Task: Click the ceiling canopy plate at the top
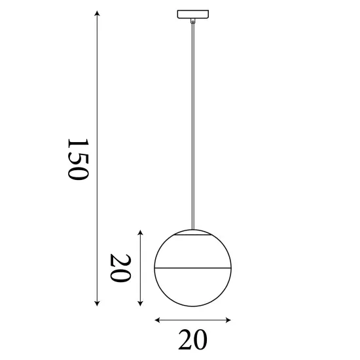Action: [192, 13]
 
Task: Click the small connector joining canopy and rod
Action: [192, 21]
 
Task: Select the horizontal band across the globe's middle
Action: [192, 268]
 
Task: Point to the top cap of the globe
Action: [192, 232]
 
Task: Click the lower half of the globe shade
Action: [192, 288]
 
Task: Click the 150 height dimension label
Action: [77, 159]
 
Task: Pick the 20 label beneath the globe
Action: [192, 340]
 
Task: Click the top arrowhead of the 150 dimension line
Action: [97, 14]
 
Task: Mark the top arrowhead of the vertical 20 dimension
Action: [141, 232]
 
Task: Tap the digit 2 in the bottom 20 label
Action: [185, 340]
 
